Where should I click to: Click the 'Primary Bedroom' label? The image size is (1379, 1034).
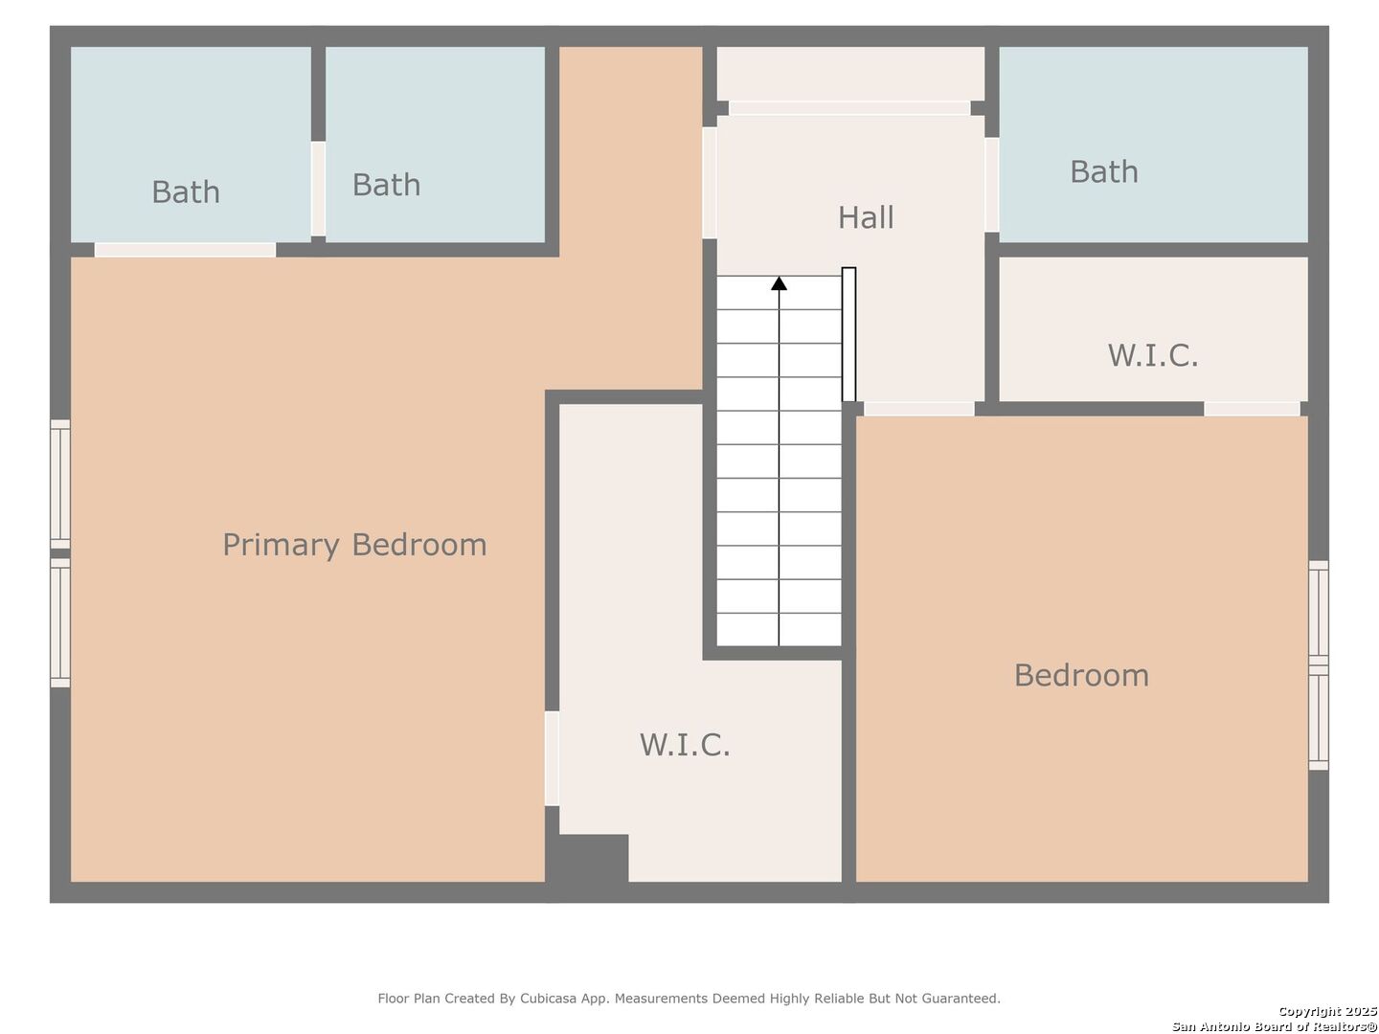point(354,545)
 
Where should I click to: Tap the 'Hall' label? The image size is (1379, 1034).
point(866,217)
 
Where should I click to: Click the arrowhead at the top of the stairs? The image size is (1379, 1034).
point(780,283)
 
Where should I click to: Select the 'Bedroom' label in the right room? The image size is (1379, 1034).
point(1081,675)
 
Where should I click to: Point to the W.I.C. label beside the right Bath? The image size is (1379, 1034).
point(1153,355)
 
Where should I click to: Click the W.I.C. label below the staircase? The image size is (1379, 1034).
point(685,744)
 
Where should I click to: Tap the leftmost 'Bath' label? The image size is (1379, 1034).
point(186,191)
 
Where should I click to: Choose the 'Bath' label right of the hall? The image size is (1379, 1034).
point(1104,171)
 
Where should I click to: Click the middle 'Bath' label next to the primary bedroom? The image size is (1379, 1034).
point(386,185)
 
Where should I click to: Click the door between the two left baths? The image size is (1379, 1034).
point(318,189)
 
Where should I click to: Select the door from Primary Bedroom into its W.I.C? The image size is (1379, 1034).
point(552,757)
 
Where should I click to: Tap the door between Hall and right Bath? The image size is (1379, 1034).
point(992,184)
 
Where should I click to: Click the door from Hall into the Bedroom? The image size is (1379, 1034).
point(919,409)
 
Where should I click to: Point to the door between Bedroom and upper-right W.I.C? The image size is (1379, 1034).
point(1252,409)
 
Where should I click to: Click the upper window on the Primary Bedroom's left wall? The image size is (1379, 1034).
point(60,483)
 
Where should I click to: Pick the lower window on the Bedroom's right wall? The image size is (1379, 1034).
point(1319,720)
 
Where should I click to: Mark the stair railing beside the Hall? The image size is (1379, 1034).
point(848,334)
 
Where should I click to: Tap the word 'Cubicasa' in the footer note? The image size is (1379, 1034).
point(546,999)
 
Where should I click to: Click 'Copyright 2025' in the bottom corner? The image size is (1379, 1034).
point(1327,1011)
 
